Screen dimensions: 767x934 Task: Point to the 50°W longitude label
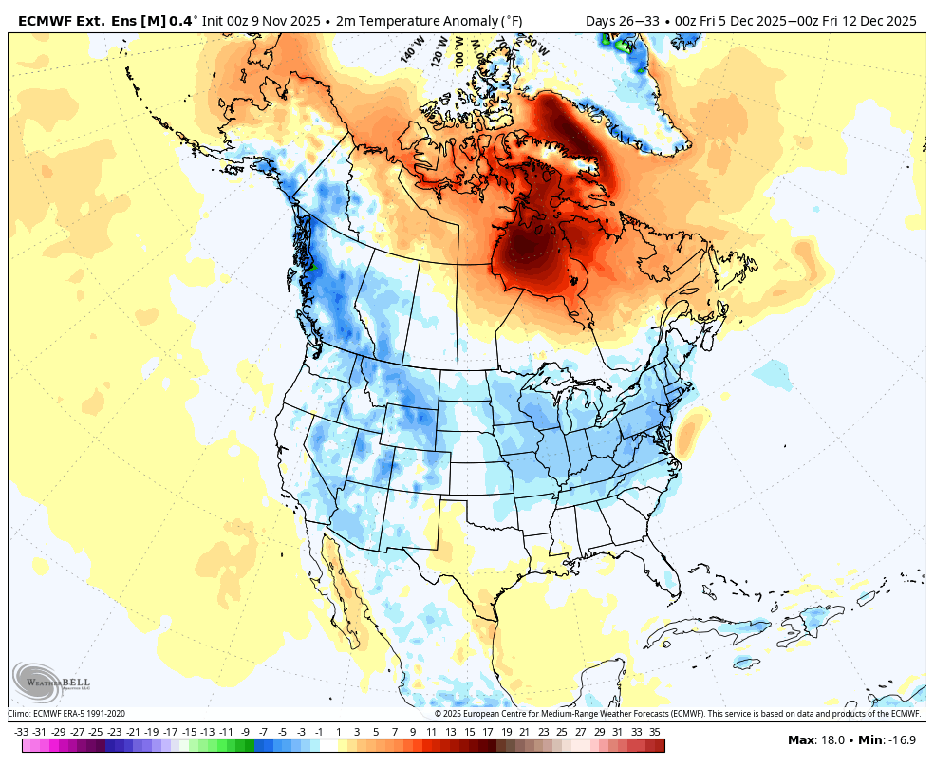(x=535, y=45)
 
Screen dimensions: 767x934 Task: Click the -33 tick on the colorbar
(x=22, y=732)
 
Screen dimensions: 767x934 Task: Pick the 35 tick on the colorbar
(x=655, y=732)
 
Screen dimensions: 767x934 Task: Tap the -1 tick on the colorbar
(x=319, y=732)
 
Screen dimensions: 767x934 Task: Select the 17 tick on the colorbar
(x=487, y=732)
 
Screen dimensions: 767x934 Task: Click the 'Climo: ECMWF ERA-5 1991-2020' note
(x=66, y=714)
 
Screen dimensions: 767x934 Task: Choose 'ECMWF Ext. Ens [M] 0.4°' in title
(x=107, y=20)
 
